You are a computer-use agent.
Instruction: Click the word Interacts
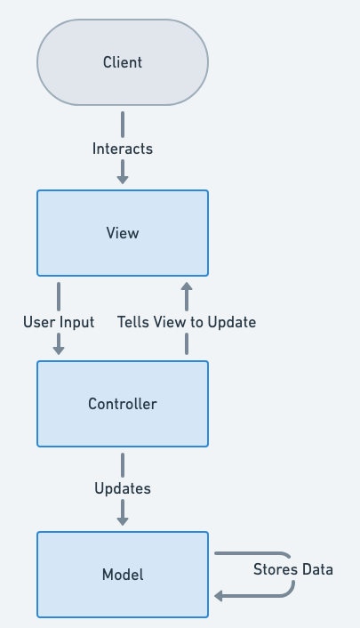pyautogui.click(x=123, y=149)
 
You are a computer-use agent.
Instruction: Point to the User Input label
pyautogui.click(x=59, y=322)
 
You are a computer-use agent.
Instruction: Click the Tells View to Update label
pyautogui.click(x=187, y=322)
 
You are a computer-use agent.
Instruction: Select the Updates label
pyautogui.click(x=123, y=488)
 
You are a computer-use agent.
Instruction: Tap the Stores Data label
pyautogui.click(x=293, y=569)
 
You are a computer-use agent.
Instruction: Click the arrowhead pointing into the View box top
pyautogui.click(x=123, y=179)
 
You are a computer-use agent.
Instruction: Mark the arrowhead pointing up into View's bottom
pyautogui.click(x=187, y=288)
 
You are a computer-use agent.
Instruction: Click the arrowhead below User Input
pyautogui.click(x=59, y=350)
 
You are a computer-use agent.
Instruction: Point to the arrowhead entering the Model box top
pyautogui.click(x=123, y=520)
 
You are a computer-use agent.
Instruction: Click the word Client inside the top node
pyautogui.click(x=123, y=62)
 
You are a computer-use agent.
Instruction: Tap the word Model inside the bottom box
pyautogui.click(x=123, y=575)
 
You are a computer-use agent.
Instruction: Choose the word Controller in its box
pyautogui.click(x=123, y=404)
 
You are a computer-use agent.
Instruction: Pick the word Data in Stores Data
pyautogui.click(x=316, y=569)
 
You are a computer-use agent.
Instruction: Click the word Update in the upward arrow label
pyautogui.click(x=233, y=322)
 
